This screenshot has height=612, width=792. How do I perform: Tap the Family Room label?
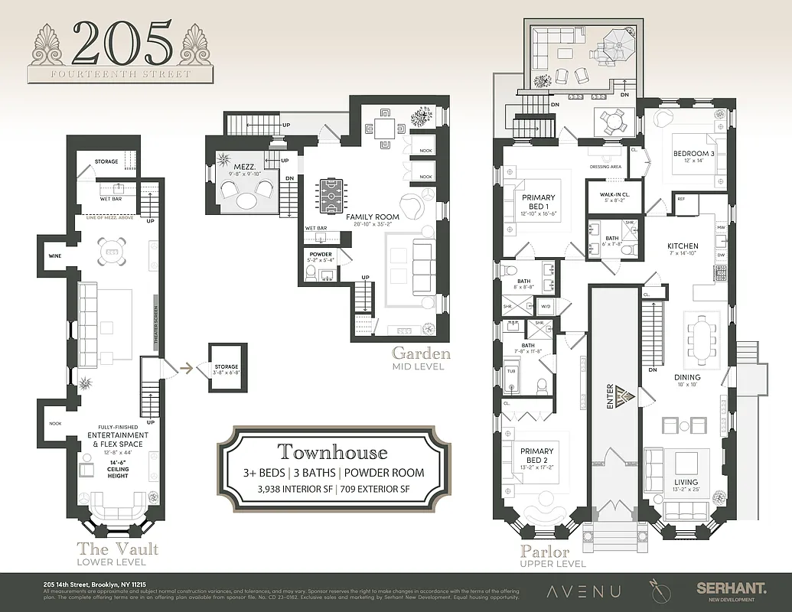pos(373,217)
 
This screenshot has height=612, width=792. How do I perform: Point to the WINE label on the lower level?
pos(54,256)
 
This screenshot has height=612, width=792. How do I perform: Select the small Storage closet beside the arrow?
pos(226,370)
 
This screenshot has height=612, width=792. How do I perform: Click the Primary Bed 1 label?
pos(538,202)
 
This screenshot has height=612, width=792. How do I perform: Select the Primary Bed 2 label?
pos(538,457)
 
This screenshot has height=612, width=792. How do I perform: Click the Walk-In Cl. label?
pos(609,195)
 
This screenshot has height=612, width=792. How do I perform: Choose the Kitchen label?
pos(683,246)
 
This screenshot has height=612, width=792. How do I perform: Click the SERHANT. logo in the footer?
pos(730,588)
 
